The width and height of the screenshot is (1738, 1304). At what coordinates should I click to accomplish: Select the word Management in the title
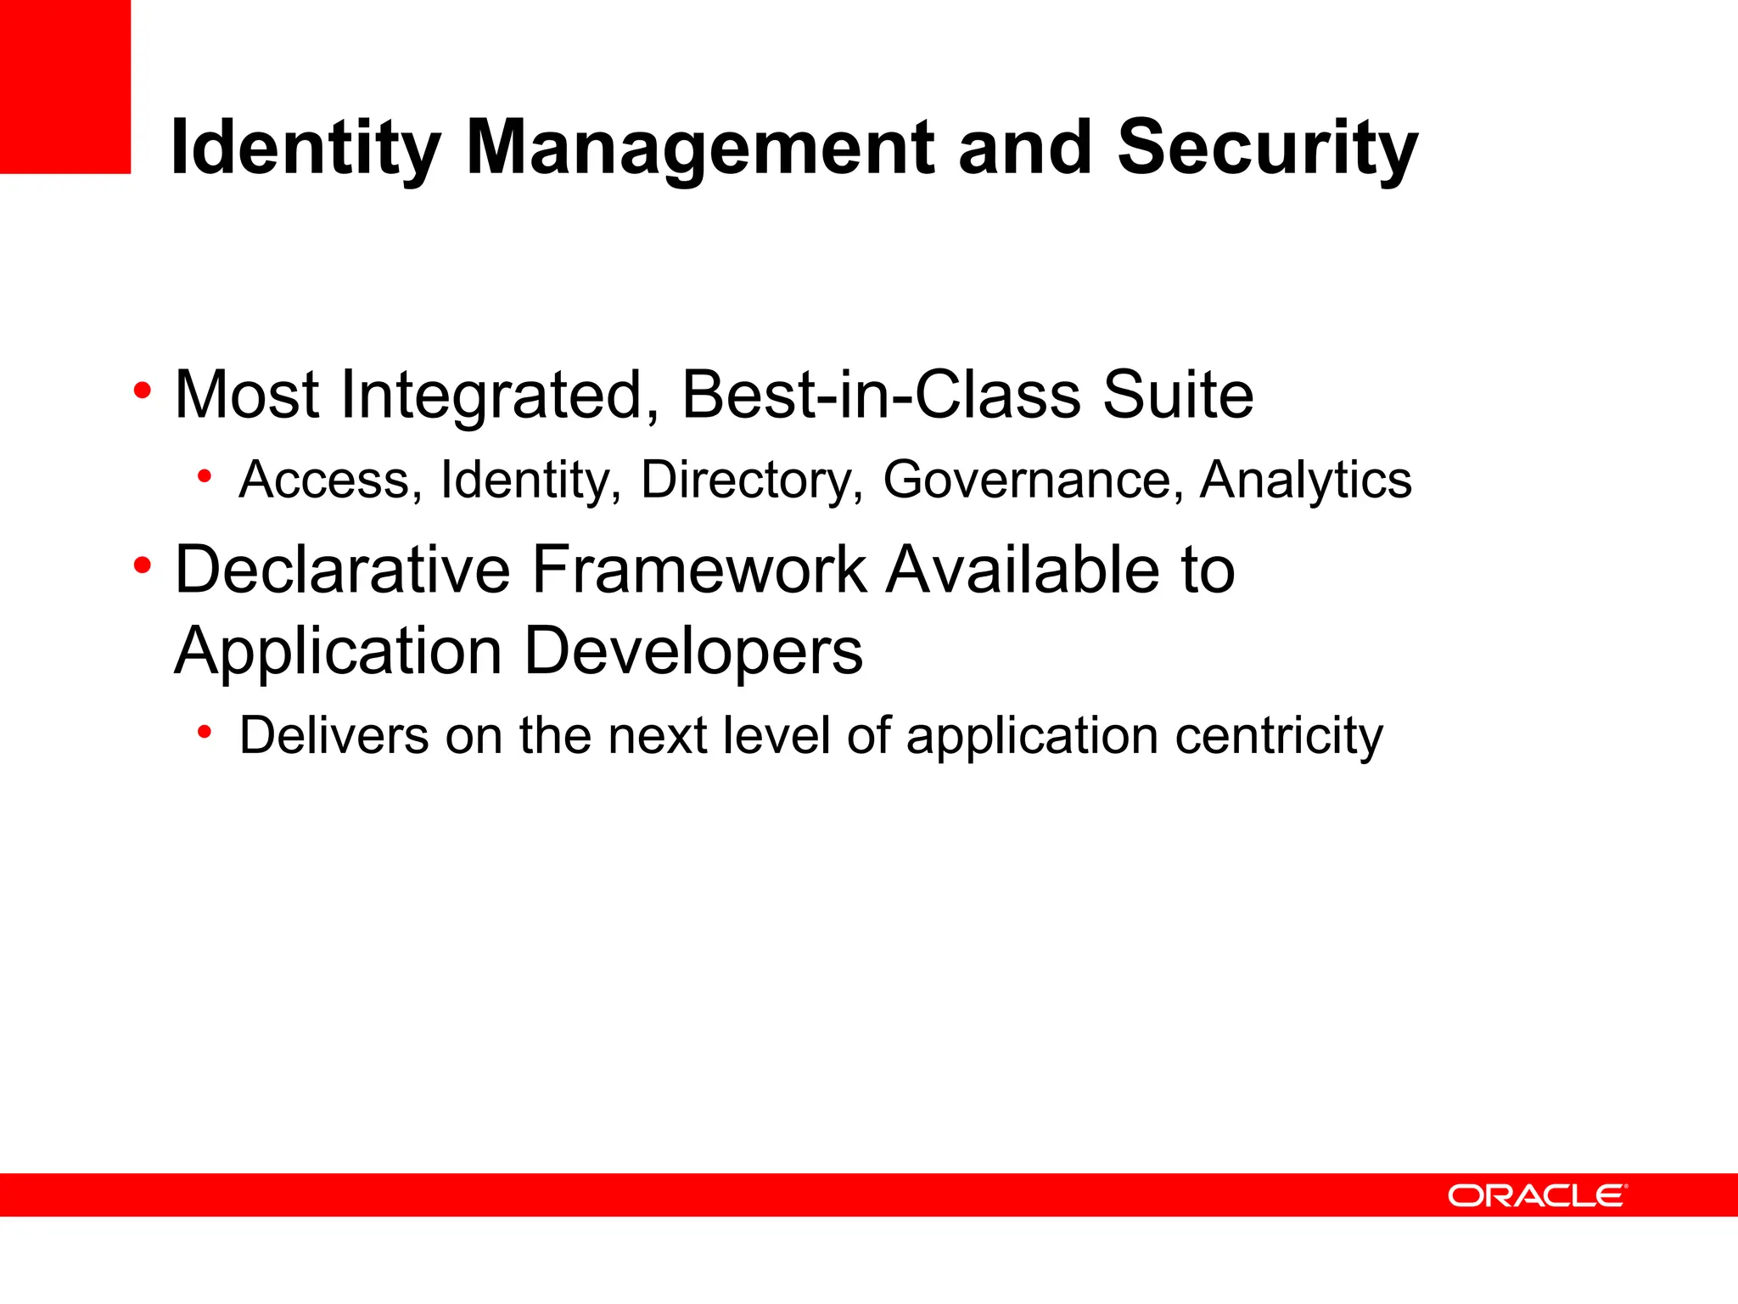point(700,149)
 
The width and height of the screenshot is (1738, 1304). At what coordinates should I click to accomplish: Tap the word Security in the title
point(1266,149)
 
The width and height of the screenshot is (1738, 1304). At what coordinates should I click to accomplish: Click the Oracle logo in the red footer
point(1537,1195)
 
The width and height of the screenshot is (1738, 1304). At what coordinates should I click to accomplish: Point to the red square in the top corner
point(64,86)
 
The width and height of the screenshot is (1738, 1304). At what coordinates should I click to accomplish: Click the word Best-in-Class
point(882,395)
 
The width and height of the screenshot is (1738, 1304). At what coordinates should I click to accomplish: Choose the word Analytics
point(1305,480)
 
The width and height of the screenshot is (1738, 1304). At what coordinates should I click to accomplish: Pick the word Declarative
point(342,570)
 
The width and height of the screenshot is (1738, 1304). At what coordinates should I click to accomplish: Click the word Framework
point(698,570)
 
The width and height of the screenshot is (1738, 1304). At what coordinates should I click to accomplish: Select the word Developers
point(692,652)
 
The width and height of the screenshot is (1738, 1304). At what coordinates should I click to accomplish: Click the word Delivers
point(334,735)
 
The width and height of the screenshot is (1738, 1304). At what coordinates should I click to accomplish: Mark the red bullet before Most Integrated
point(143,391)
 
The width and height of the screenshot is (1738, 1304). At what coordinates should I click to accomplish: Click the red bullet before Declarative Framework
point(143,565)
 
